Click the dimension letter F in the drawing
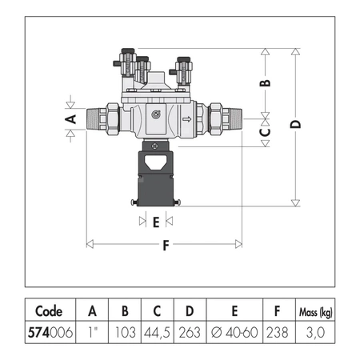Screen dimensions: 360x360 tap(166, 246)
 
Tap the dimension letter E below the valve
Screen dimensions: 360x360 tap(156, 222)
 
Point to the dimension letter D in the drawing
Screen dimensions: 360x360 tap(295, 124)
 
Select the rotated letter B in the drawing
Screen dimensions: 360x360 tap(265, 83)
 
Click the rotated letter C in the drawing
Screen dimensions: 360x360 tap(265, 132)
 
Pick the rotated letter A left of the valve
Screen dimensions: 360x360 tap(71, 119)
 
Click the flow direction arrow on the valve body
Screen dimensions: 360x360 tap(187, 119)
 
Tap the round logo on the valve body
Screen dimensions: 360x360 tap(156, 114)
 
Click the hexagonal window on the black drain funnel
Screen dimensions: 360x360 tap(155, 162)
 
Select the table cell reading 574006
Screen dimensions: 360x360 tap(50, 332)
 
